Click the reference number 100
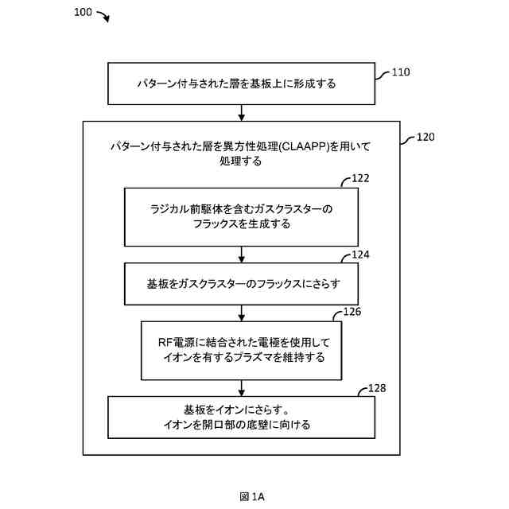pyautogui.click(x=82, y=13)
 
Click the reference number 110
pyautogui.click(x=401, y=72)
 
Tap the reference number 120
pyautogui.click(x=425, y=137)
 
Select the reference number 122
pyautogui.click(x=360, y=179)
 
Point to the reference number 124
pyautogui.click(x=360, y=255)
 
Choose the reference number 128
pyautogui.click(x=377, y=388)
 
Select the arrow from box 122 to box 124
pyautogui.click(x=242, y=255)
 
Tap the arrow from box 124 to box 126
pyautogui.click(x=242, y=311)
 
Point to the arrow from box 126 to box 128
pyautogui.click(x=242, y=388)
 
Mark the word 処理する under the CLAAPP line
pyautogui.click(x=242, y=161)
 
